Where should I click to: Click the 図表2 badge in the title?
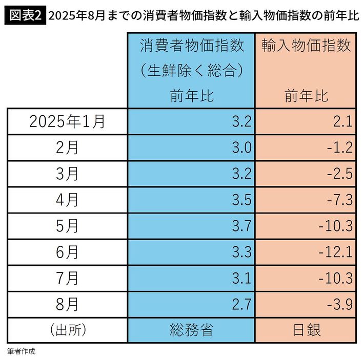24,16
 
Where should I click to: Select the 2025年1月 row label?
67,121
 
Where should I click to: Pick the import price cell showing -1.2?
339,148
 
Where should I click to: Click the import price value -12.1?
335,252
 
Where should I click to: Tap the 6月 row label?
67,252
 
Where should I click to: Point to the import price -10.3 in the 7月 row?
335,279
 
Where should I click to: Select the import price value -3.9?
339,305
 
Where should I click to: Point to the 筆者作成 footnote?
22,352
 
